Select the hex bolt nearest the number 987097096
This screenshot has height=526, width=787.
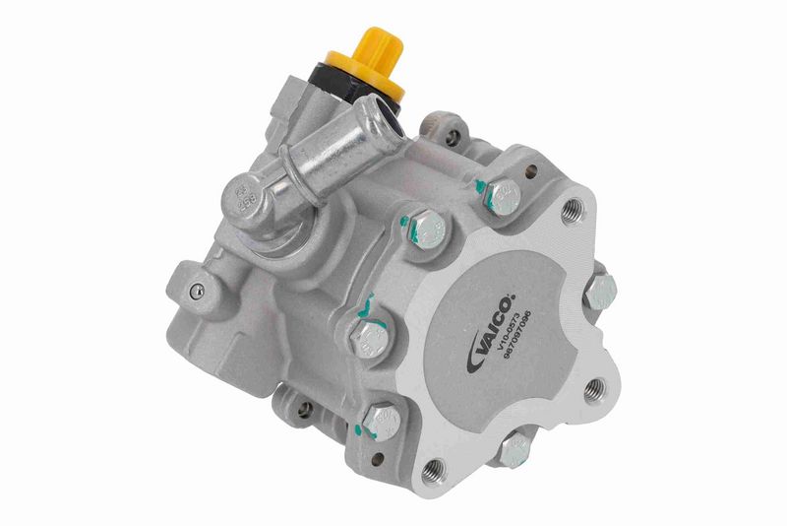click(x=599, y=291)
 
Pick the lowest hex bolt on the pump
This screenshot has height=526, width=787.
click(x=513, y=451)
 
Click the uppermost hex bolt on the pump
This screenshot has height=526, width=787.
click(x=502, y=196)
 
